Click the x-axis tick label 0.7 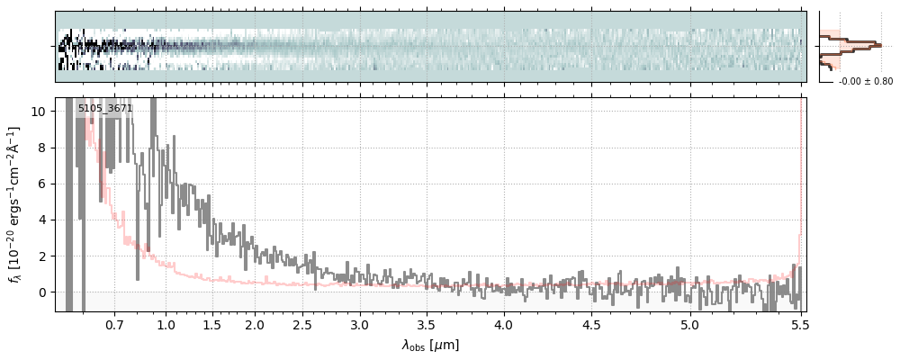point(114,324)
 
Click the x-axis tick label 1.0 point(166,324)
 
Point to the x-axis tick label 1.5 point(211,324)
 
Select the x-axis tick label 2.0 point(255,324)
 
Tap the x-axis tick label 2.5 point(301,324)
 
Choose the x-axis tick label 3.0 point(360,324)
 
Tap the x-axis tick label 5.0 point(689,324)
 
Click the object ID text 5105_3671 point(105,109)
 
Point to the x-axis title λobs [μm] point(430,345)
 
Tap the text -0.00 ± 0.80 point(866,82)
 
